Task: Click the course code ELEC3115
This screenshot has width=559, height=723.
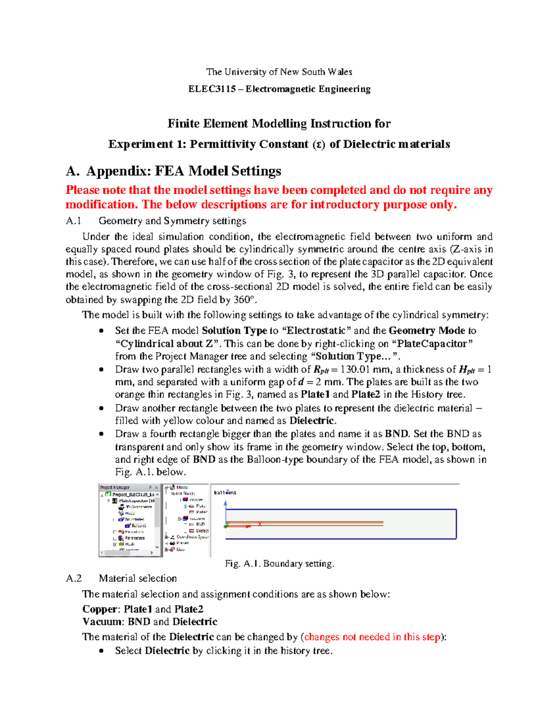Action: [212, 89]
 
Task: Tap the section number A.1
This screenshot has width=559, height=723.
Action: [74, 221]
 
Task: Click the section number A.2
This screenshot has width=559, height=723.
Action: [74, 578]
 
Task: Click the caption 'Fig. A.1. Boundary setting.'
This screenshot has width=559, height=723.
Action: [279, 564]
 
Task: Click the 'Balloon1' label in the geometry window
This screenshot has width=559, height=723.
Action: [225, 493]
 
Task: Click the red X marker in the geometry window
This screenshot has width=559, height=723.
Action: [260, 524]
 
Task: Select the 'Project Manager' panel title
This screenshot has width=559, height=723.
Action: [115, 487]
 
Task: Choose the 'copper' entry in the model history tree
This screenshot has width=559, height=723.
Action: [196, 500]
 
